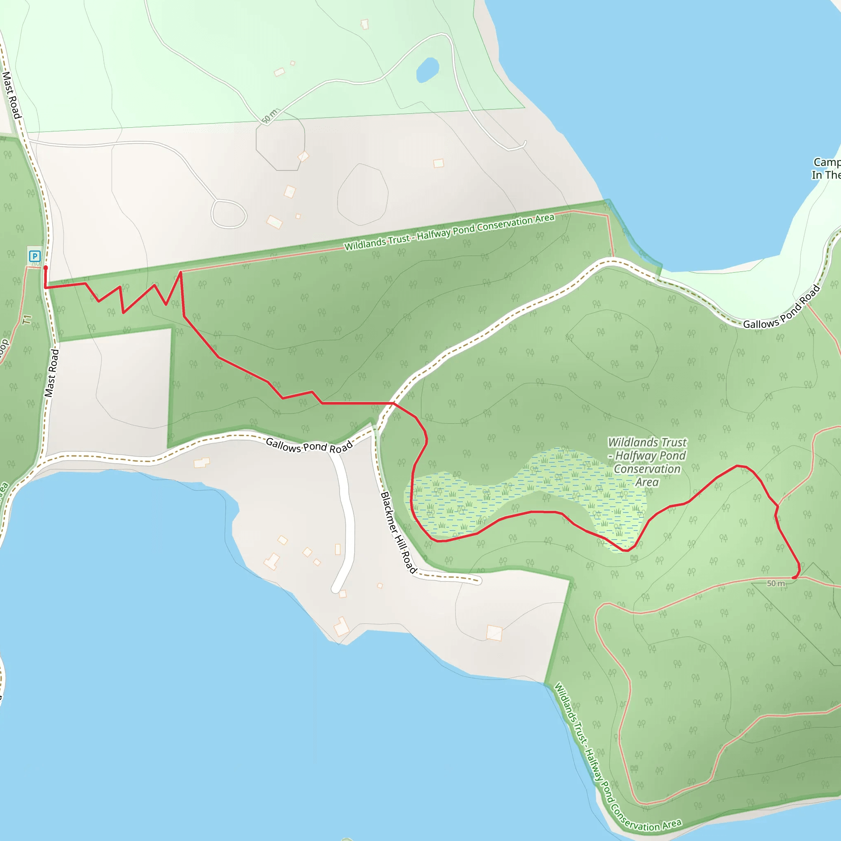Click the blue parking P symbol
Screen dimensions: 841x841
(35, 256)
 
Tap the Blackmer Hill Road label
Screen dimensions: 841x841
(399, 532)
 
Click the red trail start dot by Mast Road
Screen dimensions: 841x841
(45, 268)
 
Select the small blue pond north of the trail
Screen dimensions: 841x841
(427, 70)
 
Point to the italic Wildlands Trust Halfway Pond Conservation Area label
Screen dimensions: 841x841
(647, 462)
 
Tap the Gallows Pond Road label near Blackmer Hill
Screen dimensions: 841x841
(309, 446)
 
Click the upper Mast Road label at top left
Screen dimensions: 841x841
(12, 95)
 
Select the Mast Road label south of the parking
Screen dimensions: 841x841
(51, 372)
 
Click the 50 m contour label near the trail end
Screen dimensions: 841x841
(776, 583)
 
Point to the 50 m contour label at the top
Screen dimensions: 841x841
(269, 116)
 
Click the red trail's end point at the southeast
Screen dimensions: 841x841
(794, 577)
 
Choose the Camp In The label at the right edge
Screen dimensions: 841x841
(826, 168)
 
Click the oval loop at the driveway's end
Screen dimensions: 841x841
(229, 214)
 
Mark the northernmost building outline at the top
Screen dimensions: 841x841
(365, 24)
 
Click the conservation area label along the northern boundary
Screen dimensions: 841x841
(449, 232)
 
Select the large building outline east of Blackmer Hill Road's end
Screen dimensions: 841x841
(494, 633)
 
